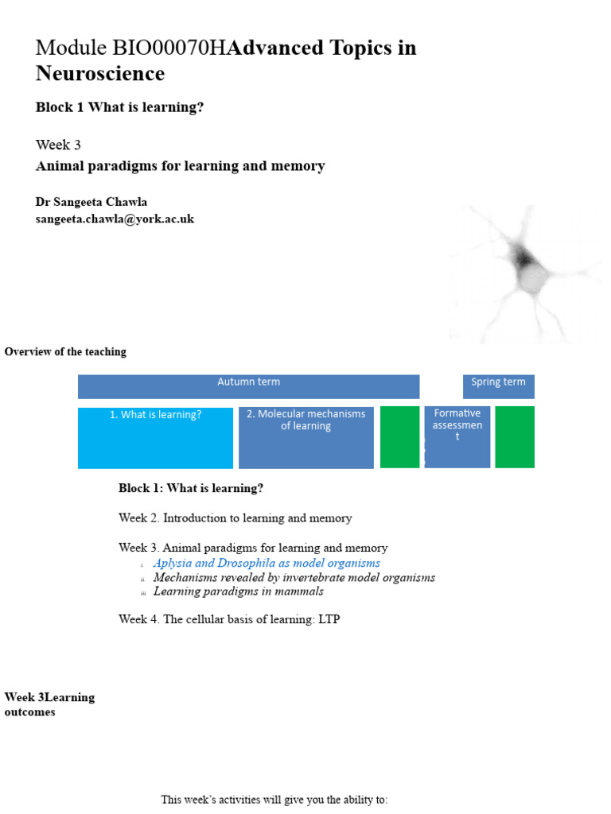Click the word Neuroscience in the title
coord(100,74)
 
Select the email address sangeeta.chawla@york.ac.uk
coord(115,219)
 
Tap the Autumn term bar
coord(248,386)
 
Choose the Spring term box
coord(498,386)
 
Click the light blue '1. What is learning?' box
coord(155,438)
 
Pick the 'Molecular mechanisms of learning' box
coord(305,437)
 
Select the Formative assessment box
coord(457,436)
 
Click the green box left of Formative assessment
coord(399,436)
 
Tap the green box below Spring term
coord(515,436)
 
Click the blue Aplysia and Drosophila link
coord(267,563)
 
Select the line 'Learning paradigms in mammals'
coord(238,591)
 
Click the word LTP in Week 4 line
coord(329,619)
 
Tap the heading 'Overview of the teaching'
coord(65,351)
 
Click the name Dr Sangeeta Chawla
coord(91,202)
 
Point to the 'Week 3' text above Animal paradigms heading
coord(58,145)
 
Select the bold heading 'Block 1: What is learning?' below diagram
coord(191,488)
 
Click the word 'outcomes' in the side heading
coord(30,712)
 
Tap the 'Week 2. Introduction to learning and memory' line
coord(235,518)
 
